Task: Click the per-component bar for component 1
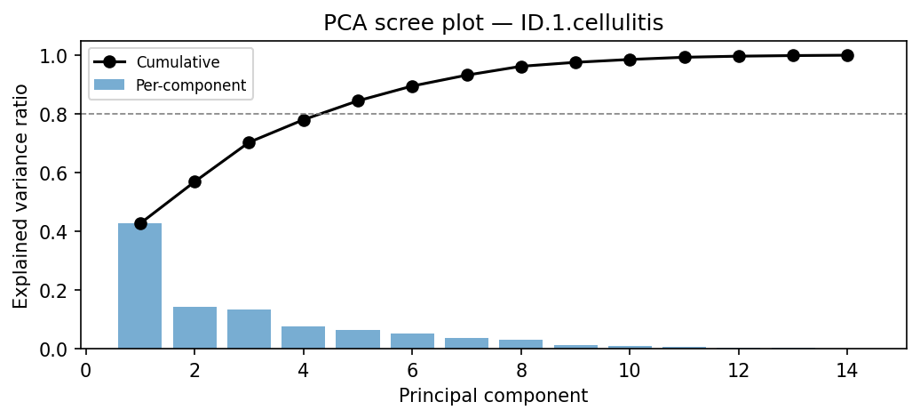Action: coord(140,286)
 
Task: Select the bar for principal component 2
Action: coord(194,328)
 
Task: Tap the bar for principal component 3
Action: coord(249,329)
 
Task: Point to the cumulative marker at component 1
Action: coord(140,223)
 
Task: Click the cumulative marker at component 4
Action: coord(304,120)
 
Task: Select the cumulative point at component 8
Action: coord(521,67)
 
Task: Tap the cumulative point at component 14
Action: coord(847,55)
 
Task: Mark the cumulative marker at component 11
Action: coord(685,57)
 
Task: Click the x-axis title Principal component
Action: coord(493,396)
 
